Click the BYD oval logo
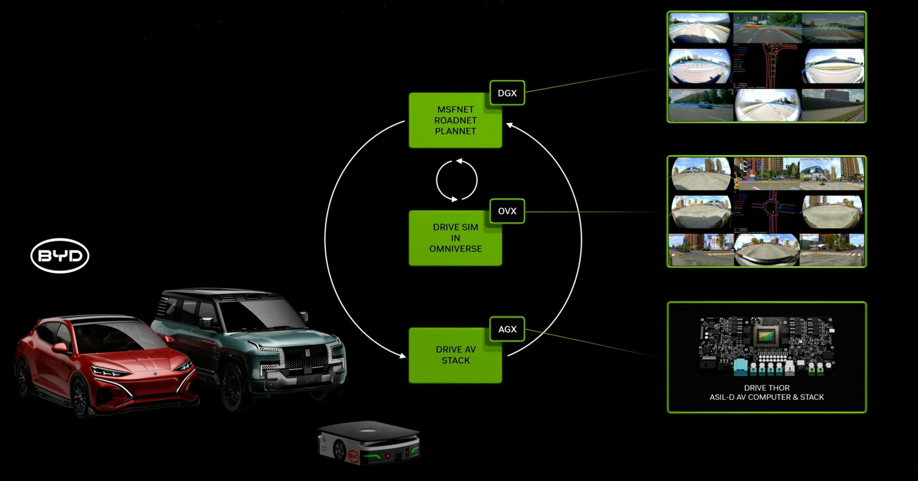60,256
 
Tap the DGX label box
507,93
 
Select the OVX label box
507,211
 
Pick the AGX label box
507,329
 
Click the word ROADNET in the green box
455,120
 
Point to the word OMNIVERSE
455,249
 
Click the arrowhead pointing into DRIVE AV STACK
402,355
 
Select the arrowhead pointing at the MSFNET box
509,125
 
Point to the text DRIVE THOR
767,388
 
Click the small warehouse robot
369,443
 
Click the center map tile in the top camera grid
767,66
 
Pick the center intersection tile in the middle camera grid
767,212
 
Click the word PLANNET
455,131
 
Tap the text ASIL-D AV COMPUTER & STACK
767,397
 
